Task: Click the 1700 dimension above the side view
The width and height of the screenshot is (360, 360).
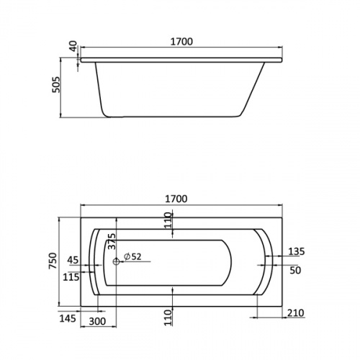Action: pyautogui.click(x=181, y=42)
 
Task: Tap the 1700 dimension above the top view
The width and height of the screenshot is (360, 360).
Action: pyautogui.click(x=176, y=199)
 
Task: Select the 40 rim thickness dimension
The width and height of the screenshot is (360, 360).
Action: pyautogui.click(x=73, y=46)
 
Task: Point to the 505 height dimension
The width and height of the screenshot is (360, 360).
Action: pyautogui.click(x=56, y=85)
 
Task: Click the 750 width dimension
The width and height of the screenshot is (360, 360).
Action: pyautogui.click(x=53, y=261)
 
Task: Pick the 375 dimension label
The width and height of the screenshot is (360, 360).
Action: pyautogui.click(x=112, y=241)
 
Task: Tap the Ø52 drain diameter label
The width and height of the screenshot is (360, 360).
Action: pyautogui.click(x=132, y=256)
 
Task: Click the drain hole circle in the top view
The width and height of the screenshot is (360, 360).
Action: pyautogui.click(x=116, y=261)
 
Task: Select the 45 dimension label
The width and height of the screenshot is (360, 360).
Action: pyautogui.click(x=73, y=260)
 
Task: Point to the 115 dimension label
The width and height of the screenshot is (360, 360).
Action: pyautogui.click(x=71, y=277)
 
